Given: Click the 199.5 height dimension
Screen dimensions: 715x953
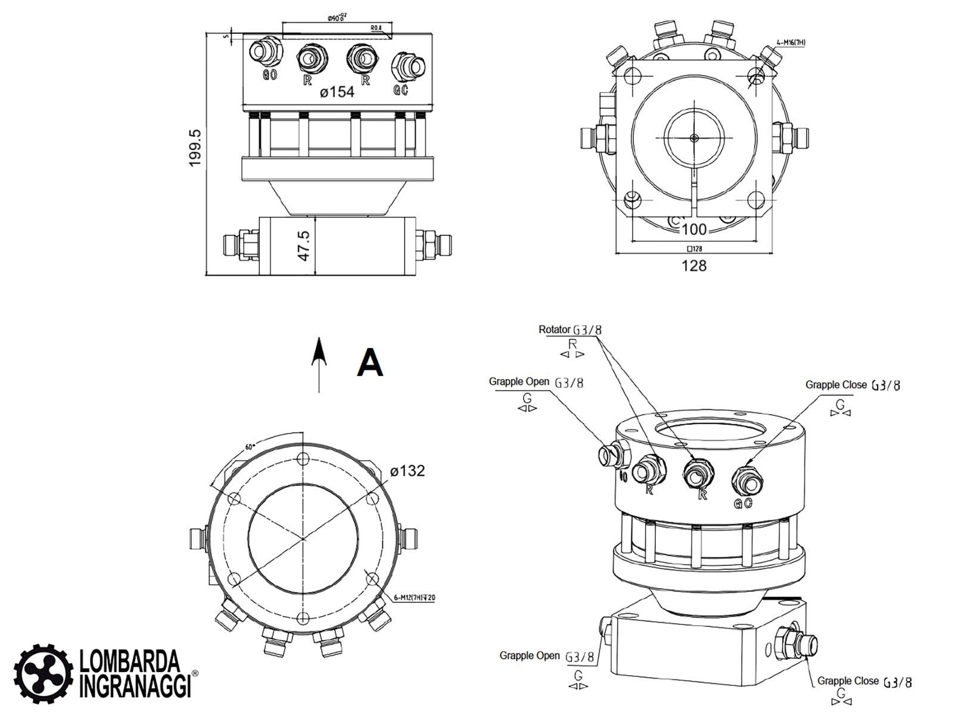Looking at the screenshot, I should pos(195,148).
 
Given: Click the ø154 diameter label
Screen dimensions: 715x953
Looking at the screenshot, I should pos(337,92).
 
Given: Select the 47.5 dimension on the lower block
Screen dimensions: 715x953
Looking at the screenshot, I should pos(304,245).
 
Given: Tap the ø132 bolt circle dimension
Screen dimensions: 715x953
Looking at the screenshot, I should pos(407,471).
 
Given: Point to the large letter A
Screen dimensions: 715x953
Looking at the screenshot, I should pos(369,362).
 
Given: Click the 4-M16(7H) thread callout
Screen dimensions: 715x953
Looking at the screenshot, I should pos(791,43).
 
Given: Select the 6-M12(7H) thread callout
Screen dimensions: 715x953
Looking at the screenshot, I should pos(415,598).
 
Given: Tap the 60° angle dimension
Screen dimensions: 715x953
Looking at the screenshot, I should pos(250,447).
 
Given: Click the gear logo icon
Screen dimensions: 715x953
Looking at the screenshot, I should pos(43,674).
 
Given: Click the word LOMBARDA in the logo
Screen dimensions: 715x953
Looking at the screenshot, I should pos(129,661).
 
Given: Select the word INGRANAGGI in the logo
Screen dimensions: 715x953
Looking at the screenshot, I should pos(135,686).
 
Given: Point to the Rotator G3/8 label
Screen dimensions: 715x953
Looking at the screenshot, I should pos(570,329).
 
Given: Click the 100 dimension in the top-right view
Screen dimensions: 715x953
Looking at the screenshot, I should pos(694,229).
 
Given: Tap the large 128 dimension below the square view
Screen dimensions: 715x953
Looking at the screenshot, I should pos(694,266).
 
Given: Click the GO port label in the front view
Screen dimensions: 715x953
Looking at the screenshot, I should pos(270,75).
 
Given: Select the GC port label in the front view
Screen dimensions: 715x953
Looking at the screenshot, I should pos(401,89).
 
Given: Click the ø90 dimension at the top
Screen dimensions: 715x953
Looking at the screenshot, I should pos(337,18).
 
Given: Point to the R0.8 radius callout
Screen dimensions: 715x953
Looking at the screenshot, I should pos(376,28).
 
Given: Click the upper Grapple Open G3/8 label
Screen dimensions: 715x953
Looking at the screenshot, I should pos(536,382).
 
